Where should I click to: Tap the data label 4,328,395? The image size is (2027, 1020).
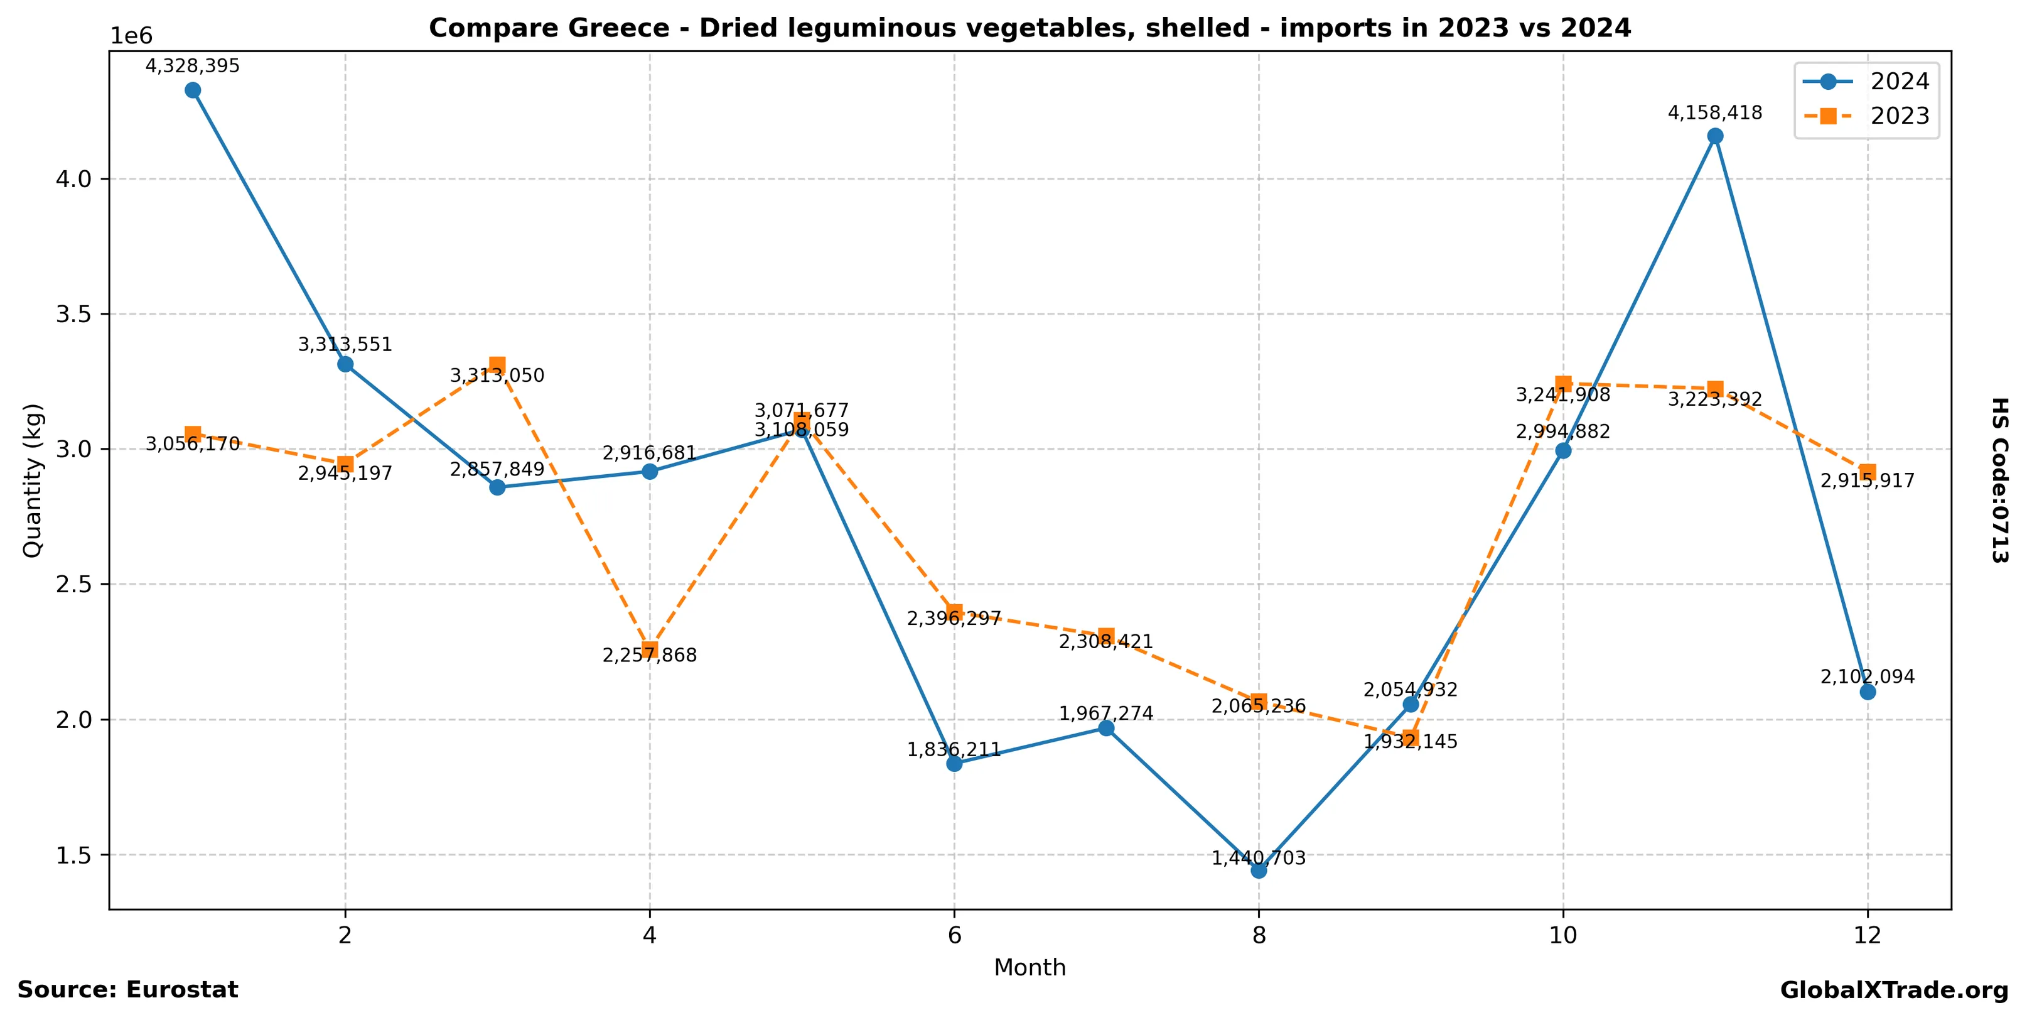click(x=192, y=66)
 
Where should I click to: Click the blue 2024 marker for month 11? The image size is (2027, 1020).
click(x=1716, y=136)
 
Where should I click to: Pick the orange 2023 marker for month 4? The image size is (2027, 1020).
click(x=649, y=649)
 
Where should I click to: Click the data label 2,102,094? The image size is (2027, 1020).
click(x=1868, y=677)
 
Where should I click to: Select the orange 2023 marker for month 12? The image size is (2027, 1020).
click(x=1868, y=472)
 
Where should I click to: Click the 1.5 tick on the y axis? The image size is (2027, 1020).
click(x=74, y=855)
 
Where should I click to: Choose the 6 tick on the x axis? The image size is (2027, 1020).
click(x=954, y=935)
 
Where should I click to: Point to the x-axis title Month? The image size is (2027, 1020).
click(x=1030, y=967)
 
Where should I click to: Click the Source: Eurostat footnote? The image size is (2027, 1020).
click(x=127, y=990)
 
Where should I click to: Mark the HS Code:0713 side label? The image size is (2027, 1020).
click(x=1999, y=480)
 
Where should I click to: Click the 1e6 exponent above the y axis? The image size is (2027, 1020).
click(x=131, y=36)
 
